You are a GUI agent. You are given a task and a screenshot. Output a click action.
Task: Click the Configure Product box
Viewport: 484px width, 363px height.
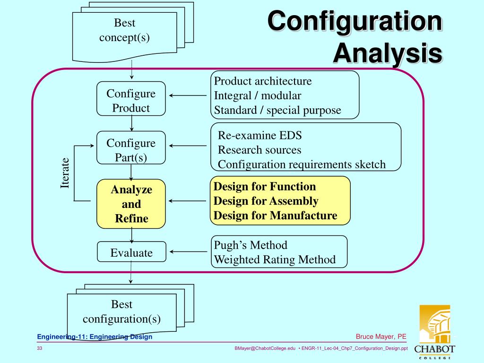point(131,99)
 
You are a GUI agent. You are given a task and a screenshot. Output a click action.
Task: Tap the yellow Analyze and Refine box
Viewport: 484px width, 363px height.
point(131,204)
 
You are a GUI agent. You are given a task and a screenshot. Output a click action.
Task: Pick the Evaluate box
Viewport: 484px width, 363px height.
point(131,252)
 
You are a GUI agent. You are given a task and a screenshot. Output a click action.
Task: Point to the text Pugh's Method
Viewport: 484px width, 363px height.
point(251,245)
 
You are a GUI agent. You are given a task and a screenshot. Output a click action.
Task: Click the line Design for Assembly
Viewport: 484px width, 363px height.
point(266,201)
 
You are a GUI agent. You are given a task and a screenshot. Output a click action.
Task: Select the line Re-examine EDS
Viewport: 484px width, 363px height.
point(259,135)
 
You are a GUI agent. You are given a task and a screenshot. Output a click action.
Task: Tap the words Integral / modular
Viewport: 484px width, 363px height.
point(257,95)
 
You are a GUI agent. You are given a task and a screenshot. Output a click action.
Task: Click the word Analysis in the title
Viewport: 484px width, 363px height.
point(387,53)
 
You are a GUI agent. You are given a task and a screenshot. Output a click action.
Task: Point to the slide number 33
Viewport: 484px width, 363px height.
point(40,348)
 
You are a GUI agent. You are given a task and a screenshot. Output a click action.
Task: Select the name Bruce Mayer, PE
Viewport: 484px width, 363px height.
point(381,337)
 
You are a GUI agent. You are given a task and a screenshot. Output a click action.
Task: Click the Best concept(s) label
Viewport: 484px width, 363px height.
point(124,30)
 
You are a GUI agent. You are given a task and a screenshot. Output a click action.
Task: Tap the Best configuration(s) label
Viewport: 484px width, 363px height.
point(122,311)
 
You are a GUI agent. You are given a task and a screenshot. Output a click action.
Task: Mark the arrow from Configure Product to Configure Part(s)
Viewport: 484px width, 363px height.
point(131,123)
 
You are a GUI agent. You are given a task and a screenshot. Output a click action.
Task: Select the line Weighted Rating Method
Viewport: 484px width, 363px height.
point(275,259)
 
